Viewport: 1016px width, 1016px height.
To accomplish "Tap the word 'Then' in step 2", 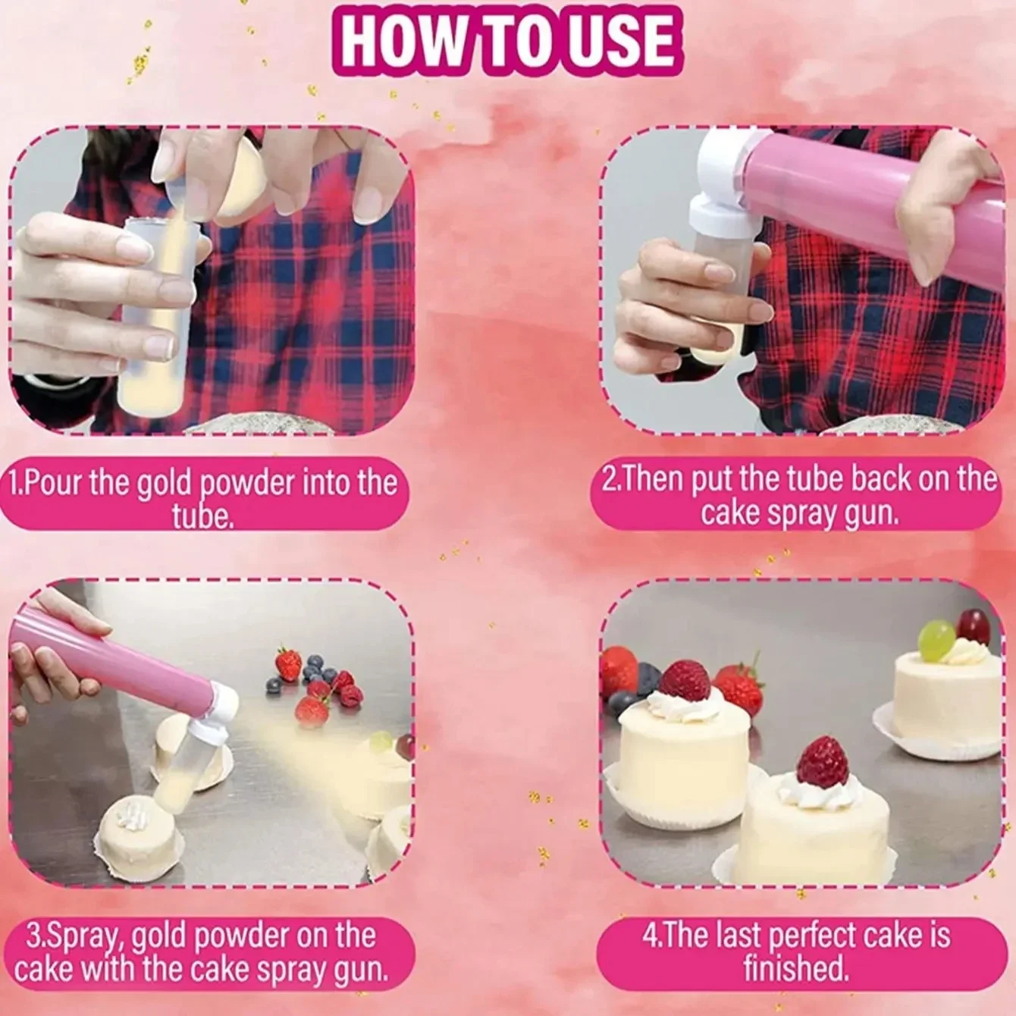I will [652, 481].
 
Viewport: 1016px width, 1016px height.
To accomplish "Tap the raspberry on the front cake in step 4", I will [822, 761].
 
